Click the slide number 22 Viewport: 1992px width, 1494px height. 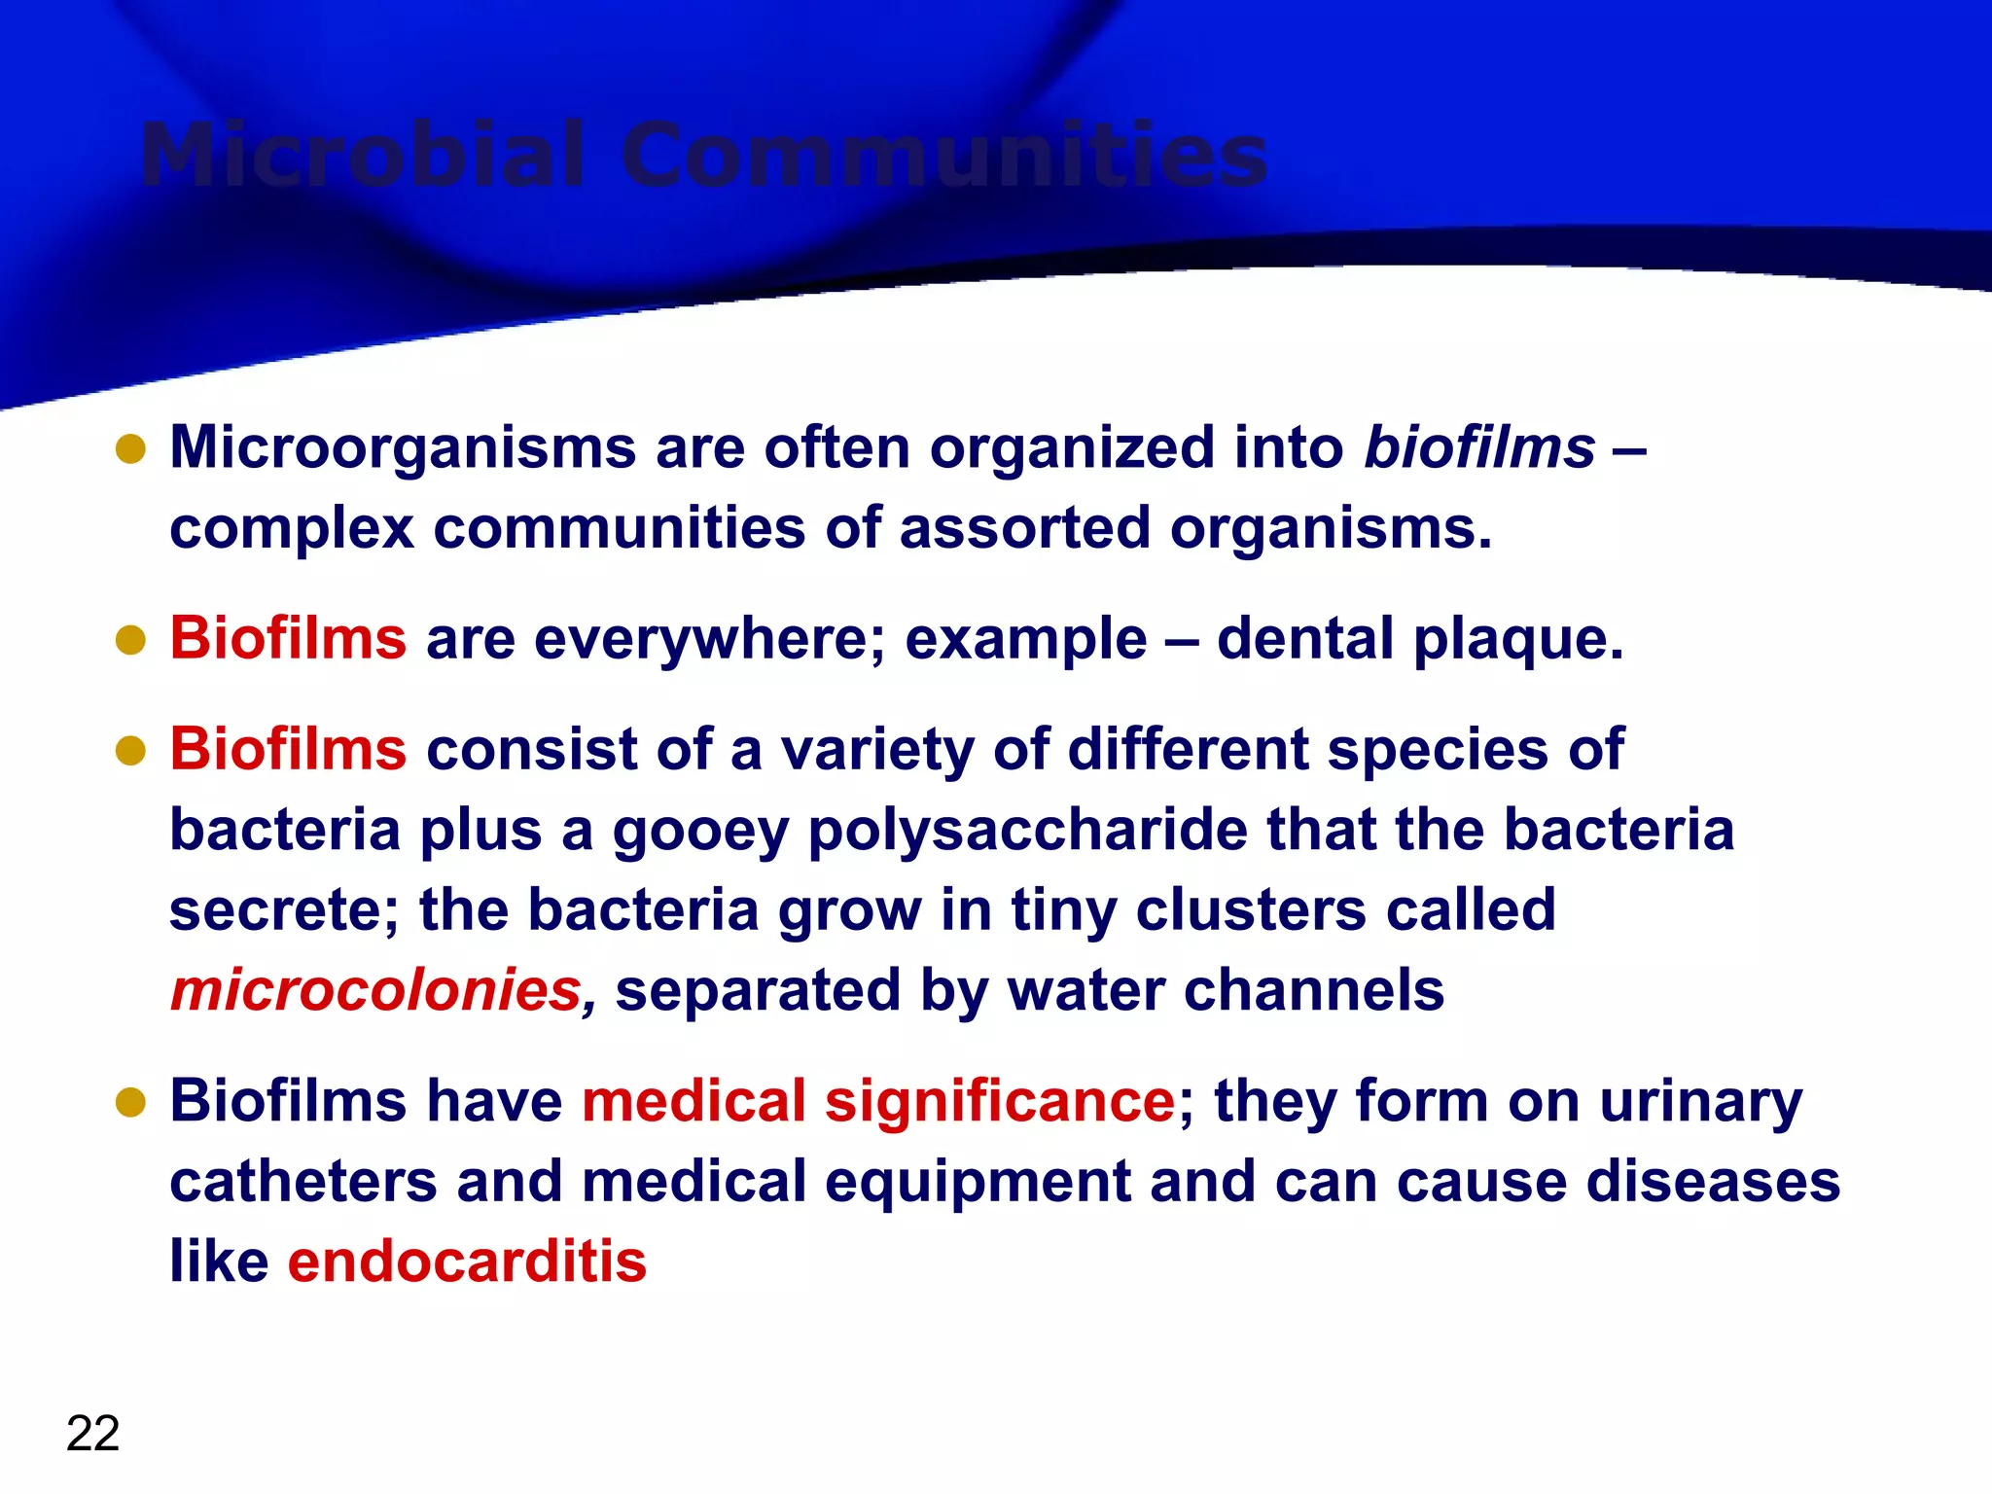[92, 1434]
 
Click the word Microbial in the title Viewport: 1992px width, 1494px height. [363, 156]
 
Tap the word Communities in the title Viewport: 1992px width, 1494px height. [943, 156]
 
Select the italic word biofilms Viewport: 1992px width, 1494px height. [1479, 448]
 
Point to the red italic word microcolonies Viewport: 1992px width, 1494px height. [376, 991]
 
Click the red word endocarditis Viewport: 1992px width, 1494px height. [467, 1263]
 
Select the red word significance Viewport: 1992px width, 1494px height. [1000, 1103]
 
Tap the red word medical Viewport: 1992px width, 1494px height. [694, 1102]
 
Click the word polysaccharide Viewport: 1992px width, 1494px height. [1027, 833]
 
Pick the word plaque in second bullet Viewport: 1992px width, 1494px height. [1517, 640]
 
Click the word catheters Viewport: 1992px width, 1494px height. [303, 1183]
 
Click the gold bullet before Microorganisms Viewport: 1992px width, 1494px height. [130, 449]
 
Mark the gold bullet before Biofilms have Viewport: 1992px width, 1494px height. [130, 1103]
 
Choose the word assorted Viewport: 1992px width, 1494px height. [1024, 529]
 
